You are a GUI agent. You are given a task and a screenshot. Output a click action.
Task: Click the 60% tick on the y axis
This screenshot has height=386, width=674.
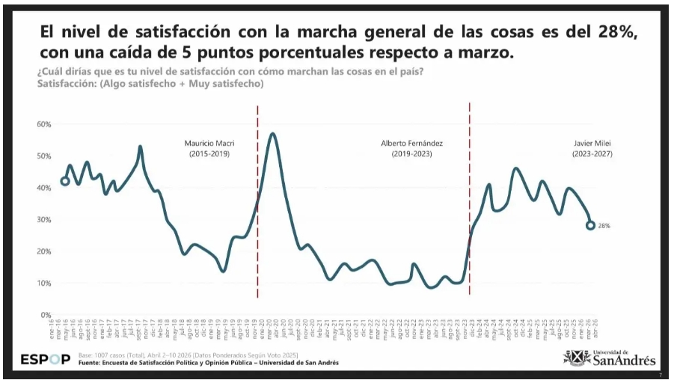(x=43, y=123)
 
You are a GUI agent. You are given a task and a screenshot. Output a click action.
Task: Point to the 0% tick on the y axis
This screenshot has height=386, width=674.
(x=46, y=315)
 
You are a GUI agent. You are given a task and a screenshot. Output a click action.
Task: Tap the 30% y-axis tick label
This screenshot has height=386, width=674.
(x=43, y=219)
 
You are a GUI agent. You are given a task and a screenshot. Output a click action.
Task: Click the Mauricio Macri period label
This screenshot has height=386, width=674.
(x=207, y=148)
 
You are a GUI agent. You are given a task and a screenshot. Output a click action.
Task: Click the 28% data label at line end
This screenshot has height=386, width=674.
(x=604, y=225)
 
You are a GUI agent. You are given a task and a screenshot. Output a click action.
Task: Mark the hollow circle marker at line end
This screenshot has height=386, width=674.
(x=590, y=225)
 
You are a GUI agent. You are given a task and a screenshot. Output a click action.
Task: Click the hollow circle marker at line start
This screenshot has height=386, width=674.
(x=65, y=180)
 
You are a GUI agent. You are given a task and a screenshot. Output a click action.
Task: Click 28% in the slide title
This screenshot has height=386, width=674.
(x=618, y=33)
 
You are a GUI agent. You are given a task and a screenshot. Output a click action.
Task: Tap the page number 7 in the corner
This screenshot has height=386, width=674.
(x=660, y=375)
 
